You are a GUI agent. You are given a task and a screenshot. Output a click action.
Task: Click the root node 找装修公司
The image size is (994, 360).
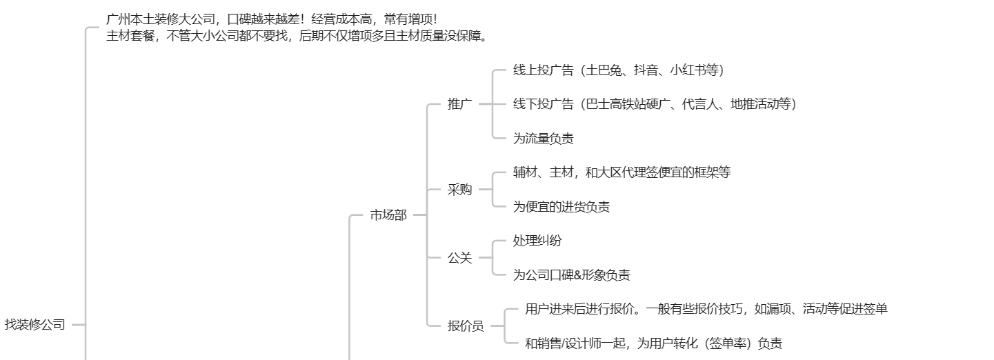click(x=35, y=324)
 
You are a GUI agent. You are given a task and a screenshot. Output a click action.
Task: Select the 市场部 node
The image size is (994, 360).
click(x=388, y=215)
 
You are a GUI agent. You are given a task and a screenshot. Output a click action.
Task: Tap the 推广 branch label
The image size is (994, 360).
click(x=459, y=105)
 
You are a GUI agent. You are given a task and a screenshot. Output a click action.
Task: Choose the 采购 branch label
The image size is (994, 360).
click(x=459, y=190)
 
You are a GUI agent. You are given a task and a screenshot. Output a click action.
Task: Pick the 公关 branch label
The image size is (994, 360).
click(x=459, y=258)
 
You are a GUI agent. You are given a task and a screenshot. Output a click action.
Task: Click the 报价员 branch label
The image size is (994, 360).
click(x=466, y=326)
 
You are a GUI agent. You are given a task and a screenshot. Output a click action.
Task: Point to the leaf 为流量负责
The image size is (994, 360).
click(x=543, y=139)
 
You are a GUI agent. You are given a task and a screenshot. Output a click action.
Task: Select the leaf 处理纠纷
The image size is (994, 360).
click(x=537, y=241)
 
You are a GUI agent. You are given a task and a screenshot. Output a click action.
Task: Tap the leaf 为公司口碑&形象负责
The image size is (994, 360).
click(x=571, y=275)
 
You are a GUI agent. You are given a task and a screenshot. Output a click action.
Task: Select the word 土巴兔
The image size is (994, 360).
click(x=603, y=70)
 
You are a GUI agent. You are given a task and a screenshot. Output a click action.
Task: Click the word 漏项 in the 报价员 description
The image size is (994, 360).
click(x=777, y=309)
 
